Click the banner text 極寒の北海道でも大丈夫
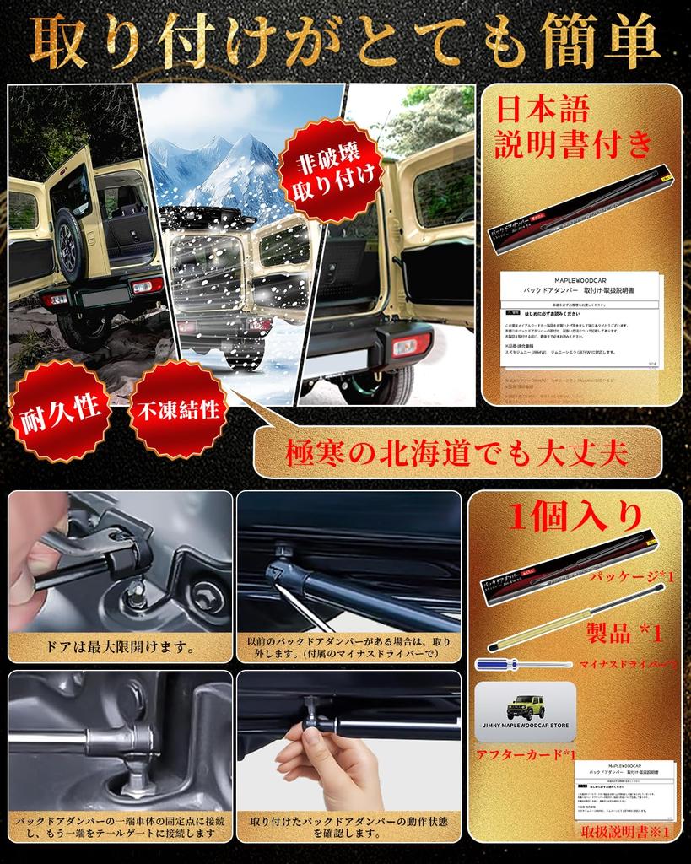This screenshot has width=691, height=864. coord(457,455)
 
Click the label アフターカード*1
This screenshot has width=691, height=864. coord(526,753)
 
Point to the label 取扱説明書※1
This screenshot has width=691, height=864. coord(624,832)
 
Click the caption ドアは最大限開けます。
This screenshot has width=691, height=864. coord(120,648)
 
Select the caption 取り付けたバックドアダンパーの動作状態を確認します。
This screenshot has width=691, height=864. coord(349,827)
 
